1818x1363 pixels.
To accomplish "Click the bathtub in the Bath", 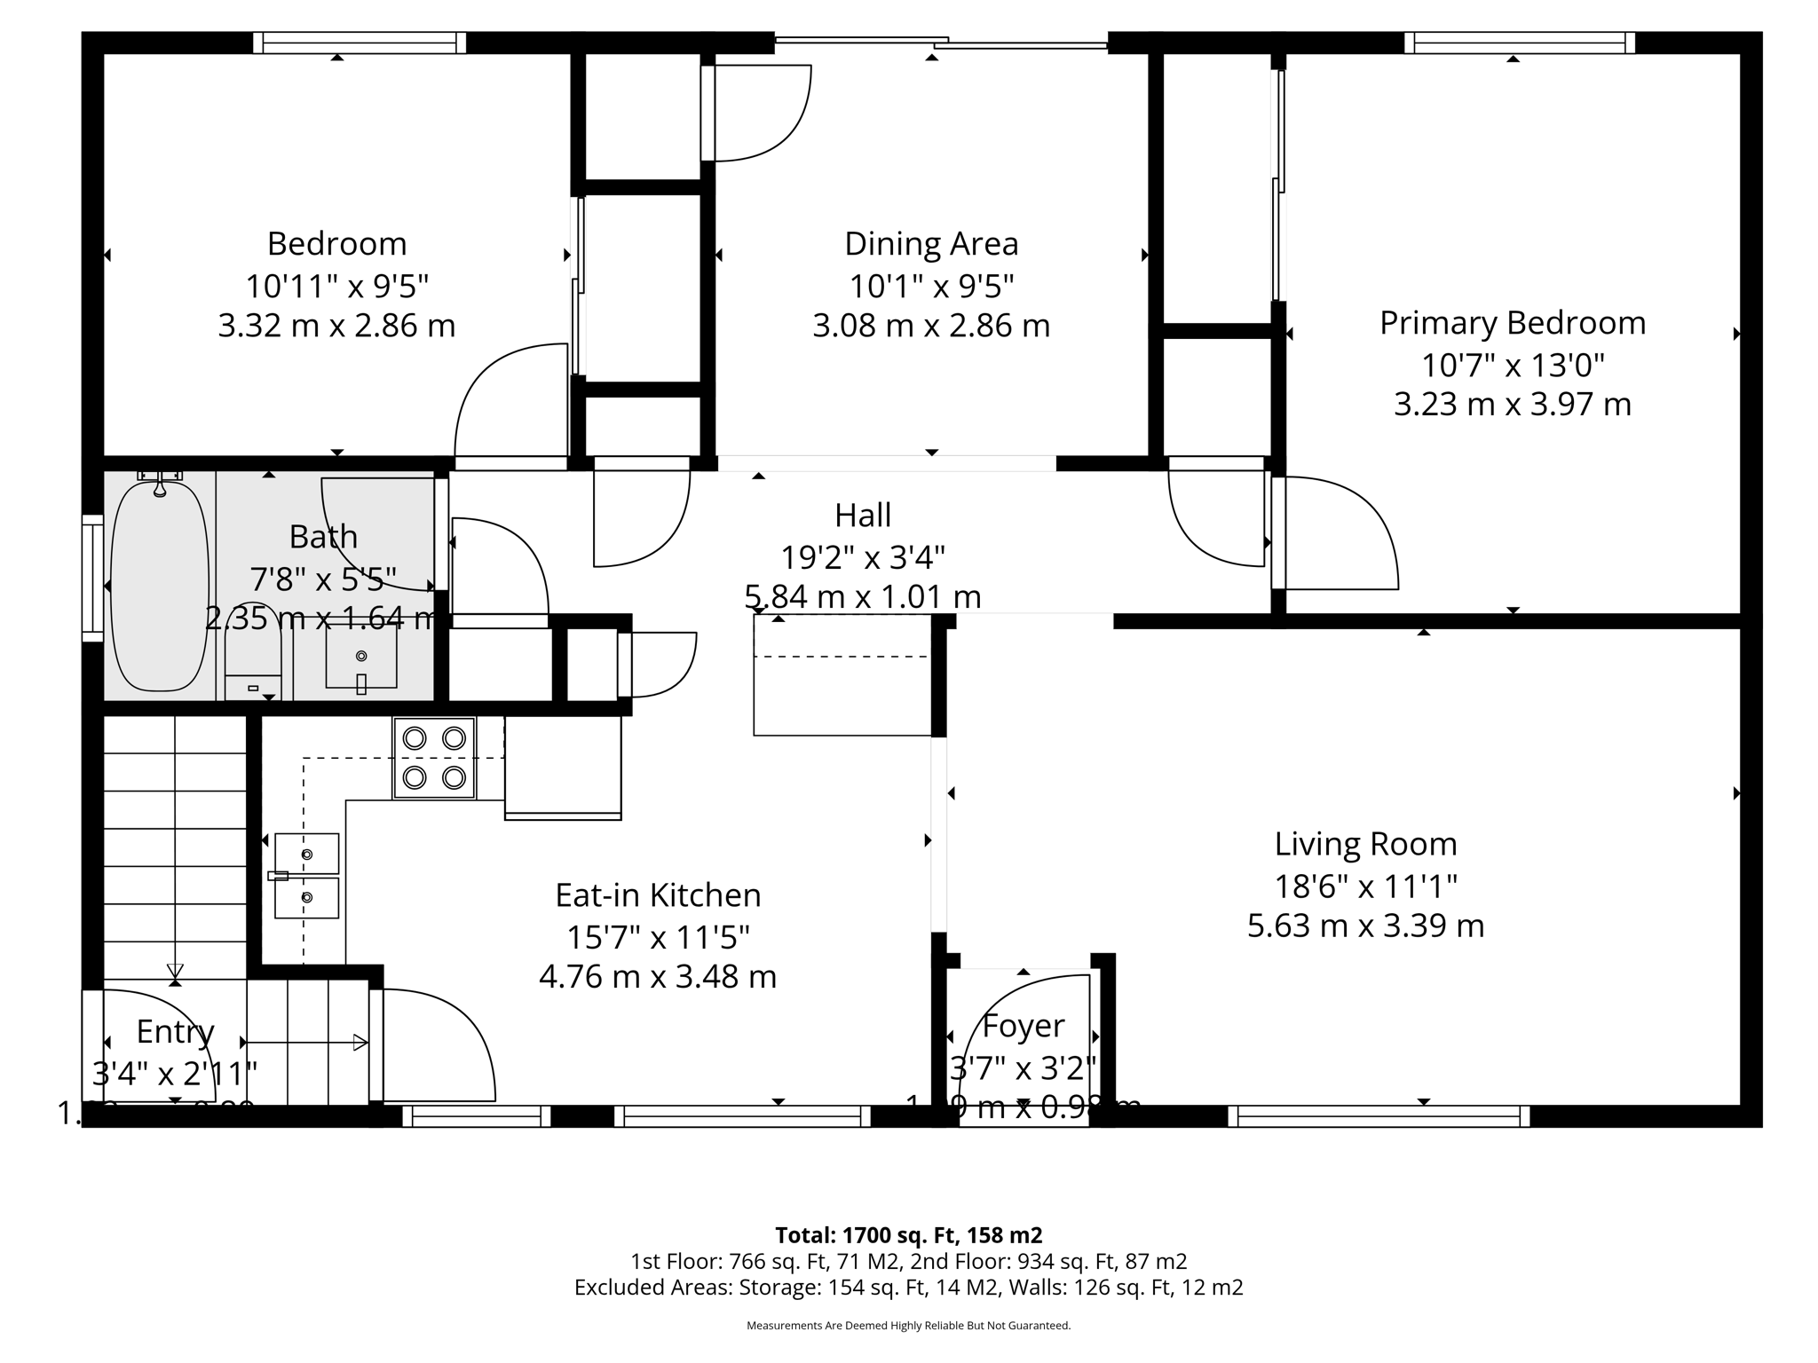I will coord(160,586).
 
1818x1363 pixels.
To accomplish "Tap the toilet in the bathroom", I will coord(253,661).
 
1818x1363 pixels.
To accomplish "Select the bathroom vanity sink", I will coord(360,657).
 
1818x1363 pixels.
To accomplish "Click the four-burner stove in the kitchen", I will coord(434,758).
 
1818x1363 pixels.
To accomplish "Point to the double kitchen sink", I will coord(306,876).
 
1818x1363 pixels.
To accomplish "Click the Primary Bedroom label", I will coord(1512,323).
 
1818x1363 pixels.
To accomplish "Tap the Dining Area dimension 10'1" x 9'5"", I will coord(931,286).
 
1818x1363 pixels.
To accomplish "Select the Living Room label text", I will coord(1365,844).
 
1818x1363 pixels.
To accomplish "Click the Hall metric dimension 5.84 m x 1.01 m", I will coord(862,596).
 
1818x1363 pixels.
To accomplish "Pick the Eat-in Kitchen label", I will coord(658,895).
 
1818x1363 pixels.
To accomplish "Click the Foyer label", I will coord(1023,1026).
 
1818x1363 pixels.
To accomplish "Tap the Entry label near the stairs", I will coord(175,1032).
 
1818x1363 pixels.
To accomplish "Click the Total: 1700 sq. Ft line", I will coord(908,1235).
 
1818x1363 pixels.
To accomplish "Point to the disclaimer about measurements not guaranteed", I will coord(908,1326).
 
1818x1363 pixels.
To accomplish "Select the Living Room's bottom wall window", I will coord(1379,1116).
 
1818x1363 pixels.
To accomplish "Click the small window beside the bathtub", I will coord(92,577).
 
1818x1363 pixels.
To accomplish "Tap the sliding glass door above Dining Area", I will coord(941,41).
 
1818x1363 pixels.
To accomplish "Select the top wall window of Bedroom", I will coord(360,43).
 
